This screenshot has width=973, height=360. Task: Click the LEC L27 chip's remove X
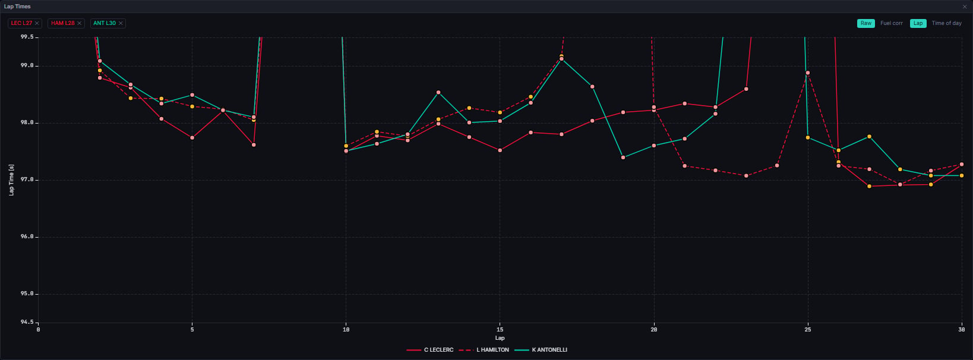[x=37, y=23]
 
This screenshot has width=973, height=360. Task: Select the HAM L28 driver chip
[x=67, y=23]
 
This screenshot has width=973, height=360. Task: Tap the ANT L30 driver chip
[x=108, y=23]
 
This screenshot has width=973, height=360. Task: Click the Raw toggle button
[x=865, y=23]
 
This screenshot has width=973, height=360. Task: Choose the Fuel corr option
[x=892, y=23]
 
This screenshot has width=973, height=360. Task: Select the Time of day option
[x=946, y=23]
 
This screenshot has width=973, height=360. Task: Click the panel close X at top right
[x=965, y=7]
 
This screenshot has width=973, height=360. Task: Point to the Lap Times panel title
[x=17, y=7]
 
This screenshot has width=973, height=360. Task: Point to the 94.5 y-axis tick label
[x=27, y=322]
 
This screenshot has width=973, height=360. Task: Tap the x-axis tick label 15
[x=500, y=330]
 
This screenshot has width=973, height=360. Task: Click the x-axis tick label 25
[x=807, y=330]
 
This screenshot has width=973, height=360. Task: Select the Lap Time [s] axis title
[x=12, y=180]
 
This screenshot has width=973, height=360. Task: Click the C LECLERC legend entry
[x=430, y=350]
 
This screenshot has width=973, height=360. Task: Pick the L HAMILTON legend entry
[x=484, y=350]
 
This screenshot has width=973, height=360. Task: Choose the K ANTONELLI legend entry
[x=541, y=350]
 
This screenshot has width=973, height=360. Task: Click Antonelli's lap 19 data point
[x=623, y=157]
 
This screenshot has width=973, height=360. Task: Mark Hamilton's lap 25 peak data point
[x=807, y=73]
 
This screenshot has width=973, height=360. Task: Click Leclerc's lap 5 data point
[x=192, y=138]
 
